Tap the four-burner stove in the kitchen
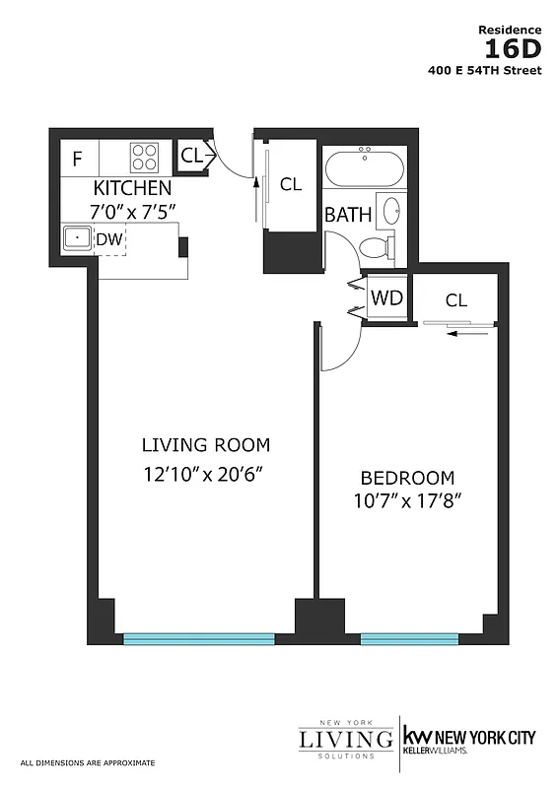[x=144, y=157]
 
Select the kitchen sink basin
[x=74, y=237]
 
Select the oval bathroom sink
[x=391, y=210]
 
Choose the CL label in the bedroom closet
[x=455, y=300]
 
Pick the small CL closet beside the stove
[x=191, y=154]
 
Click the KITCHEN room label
[x=133, y=187]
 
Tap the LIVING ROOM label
[x=205, y=444]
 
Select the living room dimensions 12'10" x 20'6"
[x=205, y=474]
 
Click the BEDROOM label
[x=406, y=478]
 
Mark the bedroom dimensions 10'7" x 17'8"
[x=406, y=500]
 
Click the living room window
[x=198, y=639]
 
